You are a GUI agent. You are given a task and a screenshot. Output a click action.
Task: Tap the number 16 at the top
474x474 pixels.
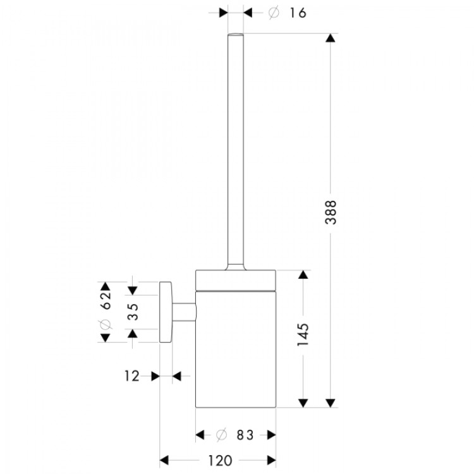295,13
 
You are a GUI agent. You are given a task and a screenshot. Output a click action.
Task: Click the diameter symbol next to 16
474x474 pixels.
273,13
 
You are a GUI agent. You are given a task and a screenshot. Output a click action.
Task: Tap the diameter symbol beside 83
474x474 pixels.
221,435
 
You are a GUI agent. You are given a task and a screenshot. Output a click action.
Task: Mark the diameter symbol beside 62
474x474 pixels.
106,324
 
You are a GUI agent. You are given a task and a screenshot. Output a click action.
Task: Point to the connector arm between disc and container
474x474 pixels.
185,312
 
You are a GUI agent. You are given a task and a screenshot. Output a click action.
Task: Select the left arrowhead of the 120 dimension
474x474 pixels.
164,460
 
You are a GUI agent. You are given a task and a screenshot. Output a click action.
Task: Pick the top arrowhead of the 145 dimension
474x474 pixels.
303,275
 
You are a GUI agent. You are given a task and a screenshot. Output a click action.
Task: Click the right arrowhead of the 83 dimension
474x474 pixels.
271,435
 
